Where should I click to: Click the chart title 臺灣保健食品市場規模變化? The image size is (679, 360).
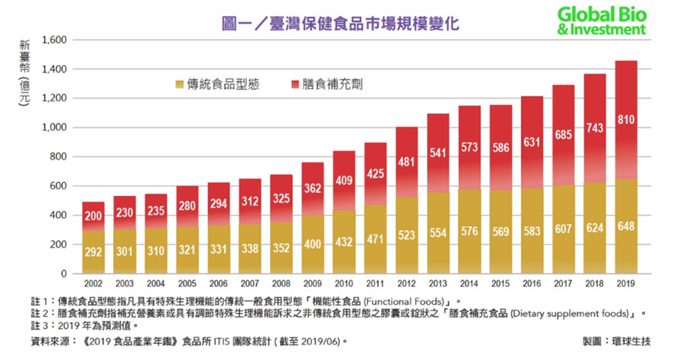click(x=341, y=23)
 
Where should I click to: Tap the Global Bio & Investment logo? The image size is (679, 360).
click(x=601, y=21)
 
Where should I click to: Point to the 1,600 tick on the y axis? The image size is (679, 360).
click(x=55, y=40)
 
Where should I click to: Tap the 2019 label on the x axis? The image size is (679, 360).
click(x=625, y=282)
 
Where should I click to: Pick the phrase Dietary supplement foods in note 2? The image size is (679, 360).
click(x=576, y=313)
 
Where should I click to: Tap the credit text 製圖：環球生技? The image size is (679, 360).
click(x=615, y=342)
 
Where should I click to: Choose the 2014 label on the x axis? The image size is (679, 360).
click(x=468, y=282)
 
